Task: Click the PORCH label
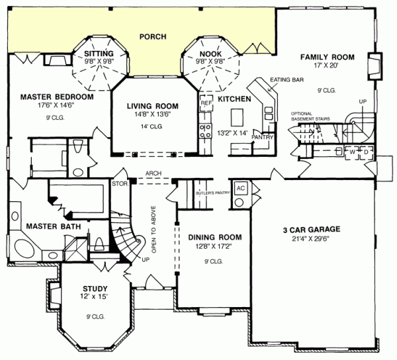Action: [152, 36]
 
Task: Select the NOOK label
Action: [210, 53]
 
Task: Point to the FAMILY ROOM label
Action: [328, 58]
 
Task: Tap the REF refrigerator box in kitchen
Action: [205, 103]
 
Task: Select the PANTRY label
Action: [263, 137]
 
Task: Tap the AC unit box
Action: [241, 187]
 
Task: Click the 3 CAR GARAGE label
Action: [312, 230]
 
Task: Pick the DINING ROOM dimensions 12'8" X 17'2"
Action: [214, 247]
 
